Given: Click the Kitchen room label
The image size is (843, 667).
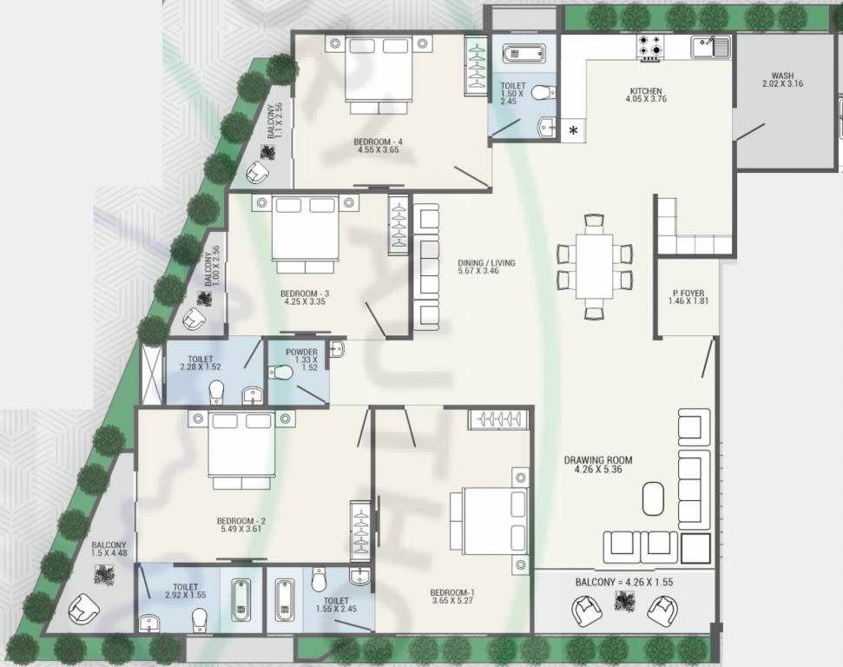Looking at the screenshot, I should (646, 91).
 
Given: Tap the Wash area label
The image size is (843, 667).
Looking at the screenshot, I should (782, 76).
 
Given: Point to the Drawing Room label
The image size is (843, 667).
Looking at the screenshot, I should (597, 460).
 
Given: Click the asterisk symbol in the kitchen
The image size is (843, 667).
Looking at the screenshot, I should (573, 132).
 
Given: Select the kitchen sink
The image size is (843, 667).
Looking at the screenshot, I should (710, 46).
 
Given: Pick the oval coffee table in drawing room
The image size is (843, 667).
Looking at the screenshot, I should (654, 499).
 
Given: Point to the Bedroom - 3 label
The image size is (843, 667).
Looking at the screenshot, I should (305, 294).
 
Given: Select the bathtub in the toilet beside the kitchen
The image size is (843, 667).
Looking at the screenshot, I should (524, 54).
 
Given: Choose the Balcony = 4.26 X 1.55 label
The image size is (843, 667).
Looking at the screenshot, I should (623, 581).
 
